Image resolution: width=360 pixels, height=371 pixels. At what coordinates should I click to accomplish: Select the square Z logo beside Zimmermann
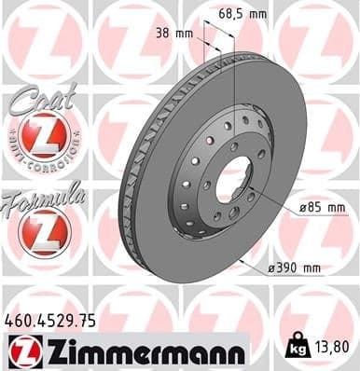click(x=21, y=351)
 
